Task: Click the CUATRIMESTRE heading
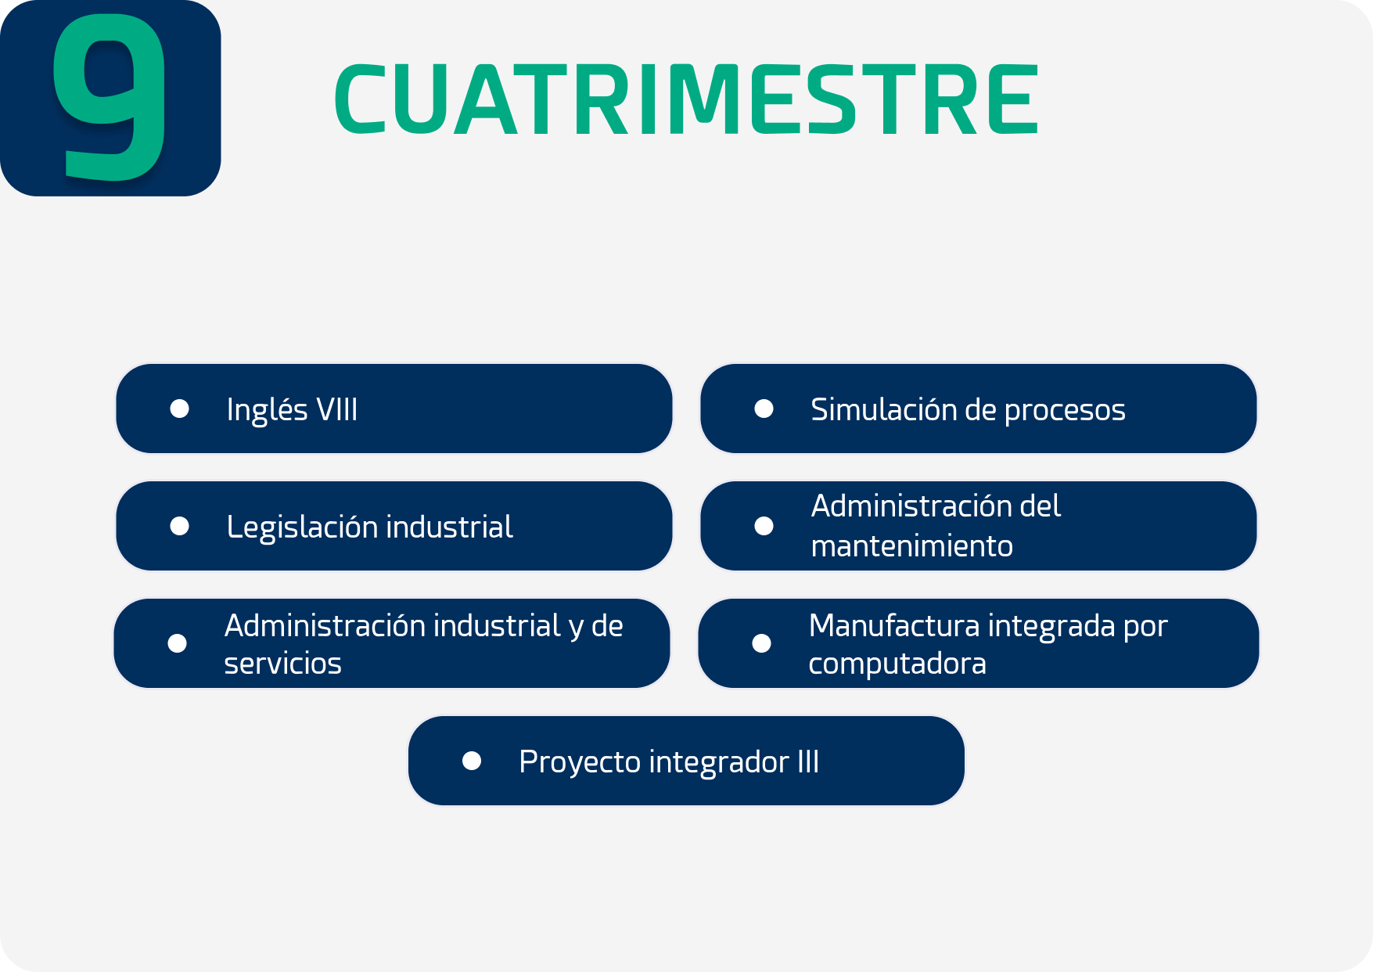coord(687,99)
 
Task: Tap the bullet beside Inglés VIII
coord(180,409)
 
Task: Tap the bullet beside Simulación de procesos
coord(764,409)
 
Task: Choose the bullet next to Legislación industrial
coord(180,526)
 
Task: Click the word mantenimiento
coord(912,545)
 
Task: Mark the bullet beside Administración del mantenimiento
coord(764,526)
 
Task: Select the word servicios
coord(283,664)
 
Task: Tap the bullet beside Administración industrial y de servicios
coord(178,643)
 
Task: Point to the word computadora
coord(897,664)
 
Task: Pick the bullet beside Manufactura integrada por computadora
coord(762,643)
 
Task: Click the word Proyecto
coord(580,763)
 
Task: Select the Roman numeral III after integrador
coord(808,761)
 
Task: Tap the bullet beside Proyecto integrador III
coord(472,761)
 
